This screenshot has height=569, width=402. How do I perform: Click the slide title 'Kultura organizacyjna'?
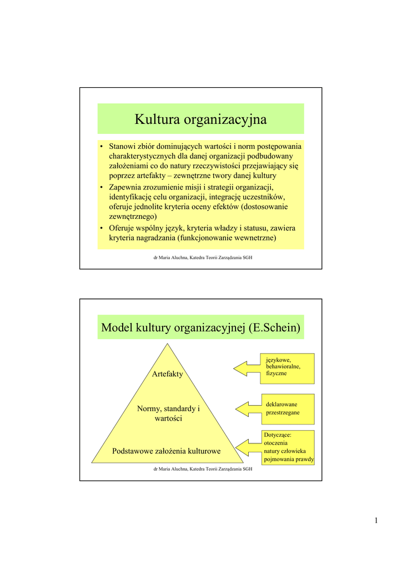200,119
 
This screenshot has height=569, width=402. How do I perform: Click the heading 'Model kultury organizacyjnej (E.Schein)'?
200,328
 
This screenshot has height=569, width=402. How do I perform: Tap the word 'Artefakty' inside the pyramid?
167,375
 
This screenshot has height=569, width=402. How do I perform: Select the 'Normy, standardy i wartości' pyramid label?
168,413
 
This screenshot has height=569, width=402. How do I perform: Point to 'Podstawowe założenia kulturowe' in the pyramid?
167,451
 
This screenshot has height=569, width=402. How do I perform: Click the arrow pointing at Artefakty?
247,368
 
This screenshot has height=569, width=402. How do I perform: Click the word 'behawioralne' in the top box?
283,367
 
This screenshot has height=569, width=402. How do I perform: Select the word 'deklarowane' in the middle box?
282,404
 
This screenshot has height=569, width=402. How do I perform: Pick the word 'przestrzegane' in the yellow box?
283,413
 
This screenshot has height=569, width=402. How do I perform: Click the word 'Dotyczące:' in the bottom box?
278,435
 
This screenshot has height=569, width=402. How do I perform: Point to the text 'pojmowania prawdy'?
289,460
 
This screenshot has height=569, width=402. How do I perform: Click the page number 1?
376,521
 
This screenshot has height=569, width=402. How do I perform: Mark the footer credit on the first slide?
200,258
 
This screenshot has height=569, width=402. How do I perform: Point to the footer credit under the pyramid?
200,470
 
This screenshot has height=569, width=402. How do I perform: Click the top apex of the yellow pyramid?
167,346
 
